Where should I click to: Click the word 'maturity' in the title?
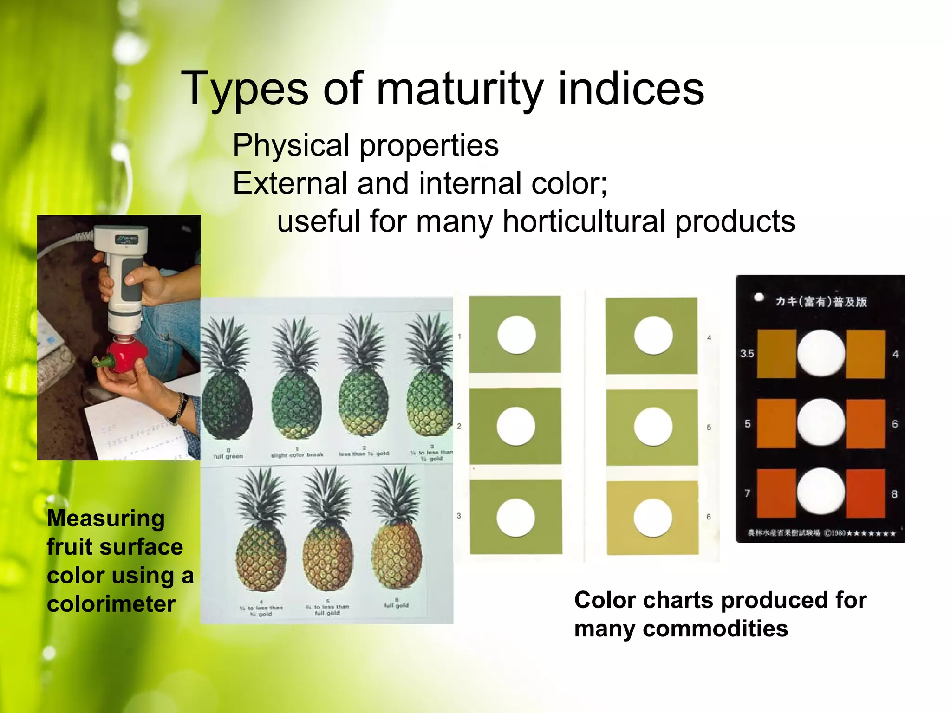(x=460, y=89)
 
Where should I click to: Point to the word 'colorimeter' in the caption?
(x=111, y=604)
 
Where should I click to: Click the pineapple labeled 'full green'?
(x=227, y=399)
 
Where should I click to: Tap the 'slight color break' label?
(x=297, y=454)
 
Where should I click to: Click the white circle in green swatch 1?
(x=516, y=335)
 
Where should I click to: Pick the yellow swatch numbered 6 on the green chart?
(x=652, y=518)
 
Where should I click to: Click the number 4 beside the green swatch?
(x=709, y=338)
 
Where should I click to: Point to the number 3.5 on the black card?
(x=747, y=354)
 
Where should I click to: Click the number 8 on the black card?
(x=894, y=494)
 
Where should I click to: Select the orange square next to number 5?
(x=776, y=423)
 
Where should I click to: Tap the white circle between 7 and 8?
(x=821, y=492)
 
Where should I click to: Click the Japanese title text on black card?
(x=821, y=302)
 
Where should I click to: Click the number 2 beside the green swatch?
(x=459, y=426)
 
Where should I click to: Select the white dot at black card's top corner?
(x=759, y=297)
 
